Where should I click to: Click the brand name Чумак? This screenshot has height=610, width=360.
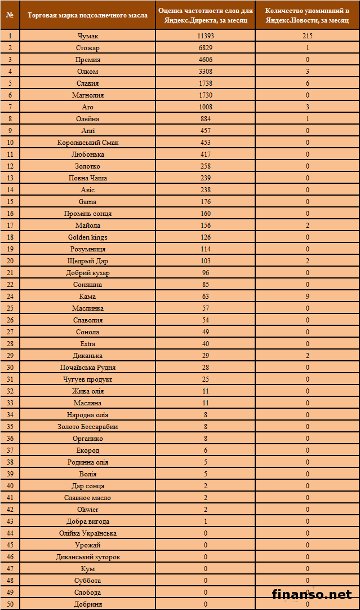[87, 36]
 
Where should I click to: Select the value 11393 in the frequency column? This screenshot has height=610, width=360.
[206, 36]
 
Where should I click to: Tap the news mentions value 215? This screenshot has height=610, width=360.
[307, 36]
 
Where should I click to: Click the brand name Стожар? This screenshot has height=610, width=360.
[87, 48]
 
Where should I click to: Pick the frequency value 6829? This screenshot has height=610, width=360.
[206, 48]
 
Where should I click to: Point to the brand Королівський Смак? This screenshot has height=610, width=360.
[87, 143]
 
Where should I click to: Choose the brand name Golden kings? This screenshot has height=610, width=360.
[87, 237]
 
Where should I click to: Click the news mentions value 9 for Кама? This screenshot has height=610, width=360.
[307, 297]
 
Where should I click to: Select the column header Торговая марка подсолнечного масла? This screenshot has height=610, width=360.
[87, 15]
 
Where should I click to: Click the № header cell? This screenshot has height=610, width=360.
[10, 15]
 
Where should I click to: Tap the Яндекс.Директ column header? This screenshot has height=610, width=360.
[206, 15]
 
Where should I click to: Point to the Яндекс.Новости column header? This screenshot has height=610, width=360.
[307, 15]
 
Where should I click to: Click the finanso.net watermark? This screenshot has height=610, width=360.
[312, 594]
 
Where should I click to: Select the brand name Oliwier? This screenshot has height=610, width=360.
[87, 510]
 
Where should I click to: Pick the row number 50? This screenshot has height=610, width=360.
[10, 604]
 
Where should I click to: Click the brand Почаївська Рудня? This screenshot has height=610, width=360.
[87, 368]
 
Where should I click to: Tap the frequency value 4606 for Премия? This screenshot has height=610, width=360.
[206, 60]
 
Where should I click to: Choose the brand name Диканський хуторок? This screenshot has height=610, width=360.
[87, 557]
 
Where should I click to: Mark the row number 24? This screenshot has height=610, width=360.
[10, 297]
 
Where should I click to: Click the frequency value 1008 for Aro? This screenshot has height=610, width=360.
[206, 107]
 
